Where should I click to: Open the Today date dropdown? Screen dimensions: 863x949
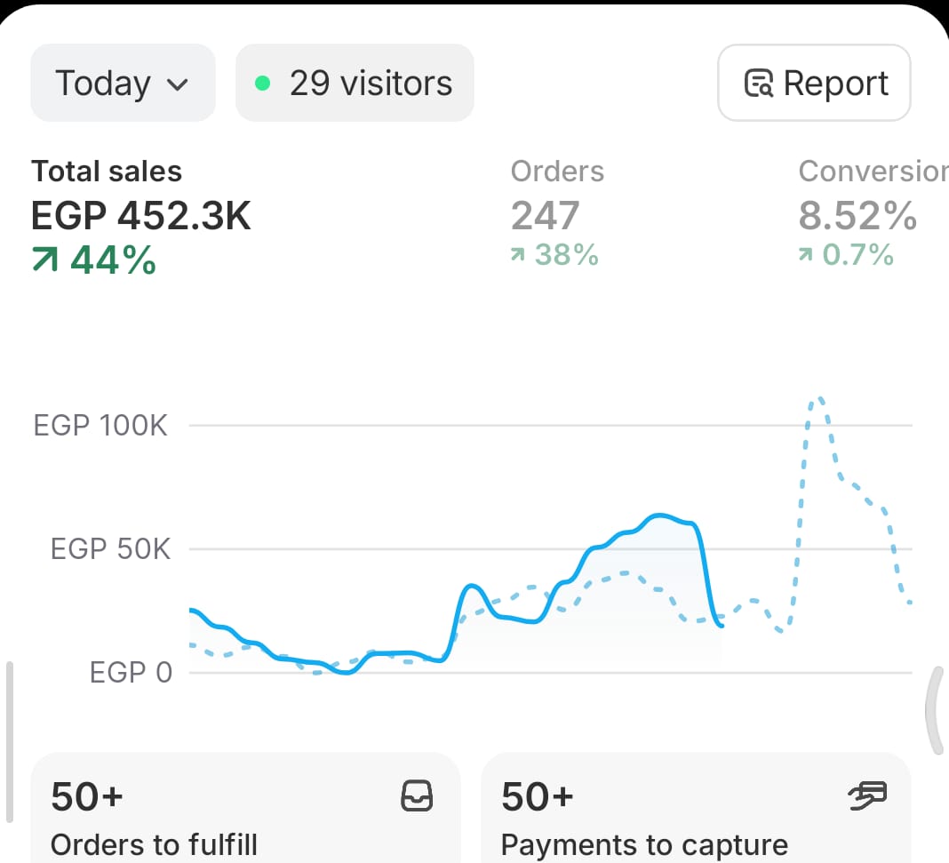coord(123,84)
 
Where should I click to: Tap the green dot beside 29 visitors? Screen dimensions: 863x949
coord(262,84)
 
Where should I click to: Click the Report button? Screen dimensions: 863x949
coord(814,83)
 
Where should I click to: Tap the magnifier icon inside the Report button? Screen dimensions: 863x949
coord(758,84)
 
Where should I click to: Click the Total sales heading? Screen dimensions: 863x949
coord(107,172)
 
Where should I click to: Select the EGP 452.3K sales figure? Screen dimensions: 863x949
coord(141,216)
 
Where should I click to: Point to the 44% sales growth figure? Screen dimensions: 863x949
coord(94,260)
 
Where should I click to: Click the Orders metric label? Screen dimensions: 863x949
coord(557,172)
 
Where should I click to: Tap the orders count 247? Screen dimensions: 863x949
coord(545,216)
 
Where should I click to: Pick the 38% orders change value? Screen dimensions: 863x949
coord(555,256)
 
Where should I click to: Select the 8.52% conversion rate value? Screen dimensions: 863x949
coord(857,216)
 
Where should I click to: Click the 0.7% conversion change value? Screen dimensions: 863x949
coord(846,256)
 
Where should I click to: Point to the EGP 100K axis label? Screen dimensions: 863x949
coord(100,426)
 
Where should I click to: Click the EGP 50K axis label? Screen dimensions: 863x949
coord(110,549)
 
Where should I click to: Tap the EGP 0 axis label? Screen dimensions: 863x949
coord(131,673)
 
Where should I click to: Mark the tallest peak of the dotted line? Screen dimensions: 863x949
coord(818,399)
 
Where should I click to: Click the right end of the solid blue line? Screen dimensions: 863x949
coord(722,626)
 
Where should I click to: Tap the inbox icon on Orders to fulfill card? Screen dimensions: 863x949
coord(417,795)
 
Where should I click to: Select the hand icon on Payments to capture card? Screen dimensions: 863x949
coord(867,795)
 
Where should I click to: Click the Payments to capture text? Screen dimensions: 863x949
coord(644,844)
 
